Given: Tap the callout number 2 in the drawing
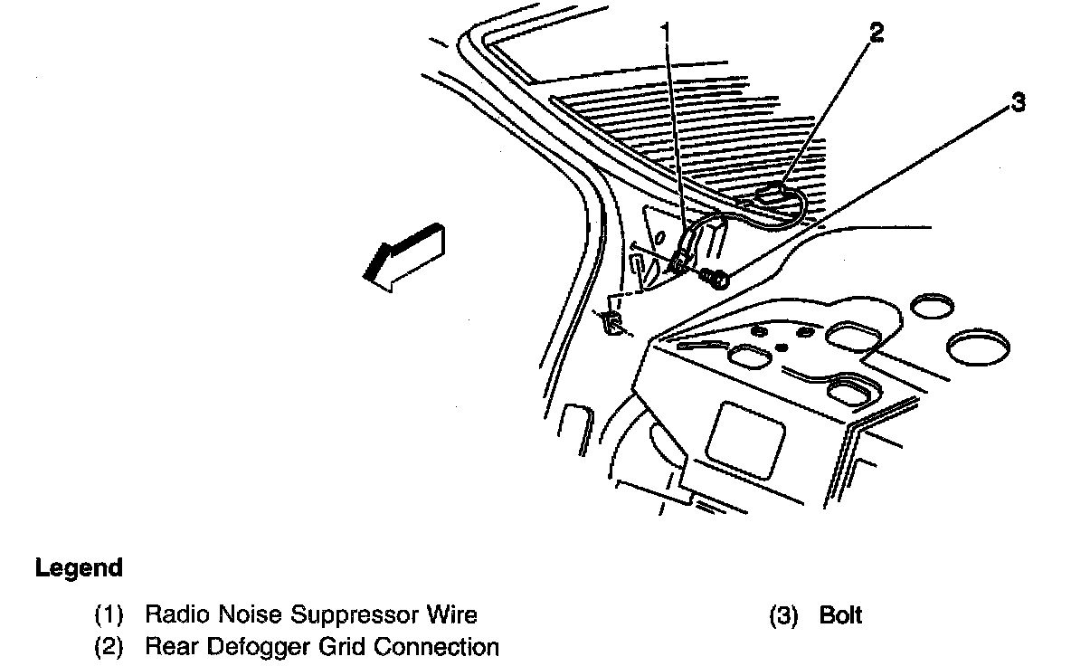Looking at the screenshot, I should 875,33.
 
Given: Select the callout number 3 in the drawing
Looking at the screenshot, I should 1019,103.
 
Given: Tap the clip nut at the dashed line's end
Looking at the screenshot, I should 612,320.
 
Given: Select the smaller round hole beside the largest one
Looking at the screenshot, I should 927,306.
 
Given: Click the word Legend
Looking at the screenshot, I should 79,568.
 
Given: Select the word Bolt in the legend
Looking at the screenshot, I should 840,616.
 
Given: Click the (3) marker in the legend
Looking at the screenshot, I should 782,616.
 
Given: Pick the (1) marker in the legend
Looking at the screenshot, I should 109,616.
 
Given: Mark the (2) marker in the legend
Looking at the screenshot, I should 109,647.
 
